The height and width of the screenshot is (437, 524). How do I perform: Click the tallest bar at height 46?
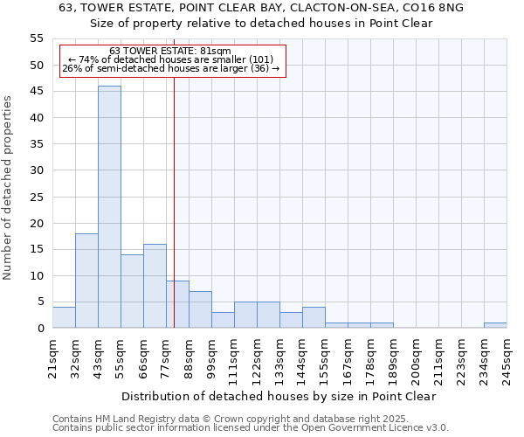click(109, 207)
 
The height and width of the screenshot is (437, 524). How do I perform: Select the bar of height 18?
click(86, 281)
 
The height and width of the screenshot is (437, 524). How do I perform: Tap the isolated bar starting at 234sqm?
click(495, 325)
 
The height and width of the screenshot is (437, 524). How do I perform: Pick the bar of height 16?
click(155, 286)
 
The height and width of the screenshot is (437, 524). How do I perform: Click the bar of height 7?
click(200, 309)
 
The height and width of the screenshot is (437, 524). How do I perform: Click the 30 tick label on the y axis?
click(37, 170)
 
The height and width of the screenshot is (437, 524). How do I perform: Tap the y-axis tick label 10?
click(37, 275)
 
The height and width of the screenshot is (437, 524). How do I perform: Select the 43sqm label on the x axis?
click(99, 356)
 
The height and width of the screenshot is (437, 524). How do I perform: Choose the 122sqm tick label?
click(258, 358)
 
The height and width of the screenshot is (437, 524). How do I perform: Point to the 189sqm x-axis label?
click(394, 358)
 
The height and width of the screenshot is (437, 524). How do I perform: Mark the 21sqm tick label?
click(53, 356)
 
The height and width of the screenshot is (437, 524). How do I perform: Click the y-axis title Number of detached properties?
click(9, 188)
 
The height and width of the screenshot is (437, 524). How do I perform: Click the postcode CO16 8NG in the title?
click(431, 7)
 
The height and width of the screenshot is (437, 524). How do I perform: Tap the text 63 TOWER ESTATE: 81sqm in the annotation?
click(170, 52)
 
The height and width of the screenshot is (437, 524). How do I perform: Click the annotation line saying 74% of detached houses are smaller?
click(170, 59)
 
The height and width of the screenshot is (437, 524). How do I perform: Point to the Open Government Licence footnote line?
click(251, 427)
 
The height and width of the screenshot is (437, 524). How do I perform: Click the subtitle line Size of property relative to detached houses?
click(262, 23)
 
